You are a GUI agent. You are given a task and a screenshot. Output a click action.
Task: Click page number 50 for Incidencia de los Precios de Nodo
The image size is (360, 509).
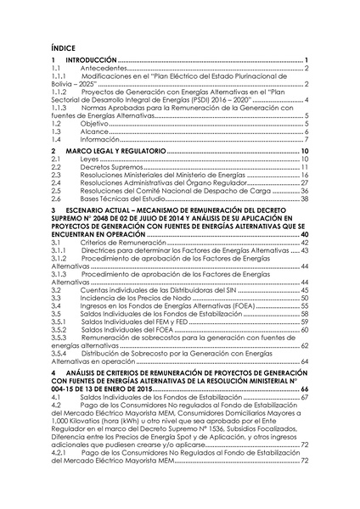304,298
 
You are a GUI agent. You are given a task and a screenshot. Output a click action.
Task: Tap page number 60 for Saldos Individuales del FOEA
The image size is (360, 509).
304,329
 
